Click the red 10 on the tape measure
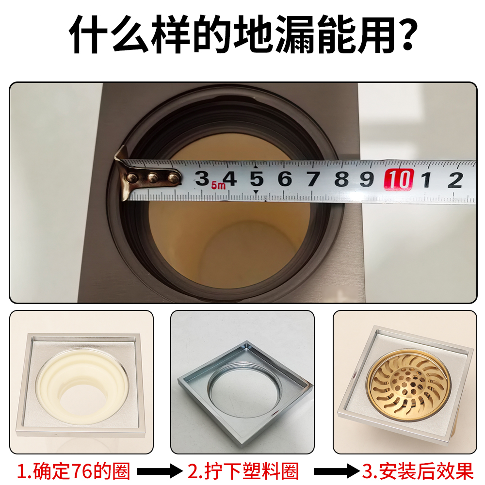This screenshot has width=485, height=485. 398,179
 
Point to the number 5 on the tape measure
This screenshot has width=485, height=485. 257,179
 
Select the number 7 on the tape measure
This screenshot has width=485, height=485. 313,179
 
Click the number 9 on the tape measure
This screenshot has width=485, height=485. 367,179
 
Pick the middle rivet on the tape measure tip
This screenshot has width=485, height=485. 152,178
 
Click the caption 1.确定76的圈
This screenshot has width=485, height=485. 74,470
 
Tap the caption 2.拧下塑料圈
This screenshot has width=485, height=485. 243,470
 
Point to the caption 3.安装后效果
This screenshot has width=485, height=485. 418,470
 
